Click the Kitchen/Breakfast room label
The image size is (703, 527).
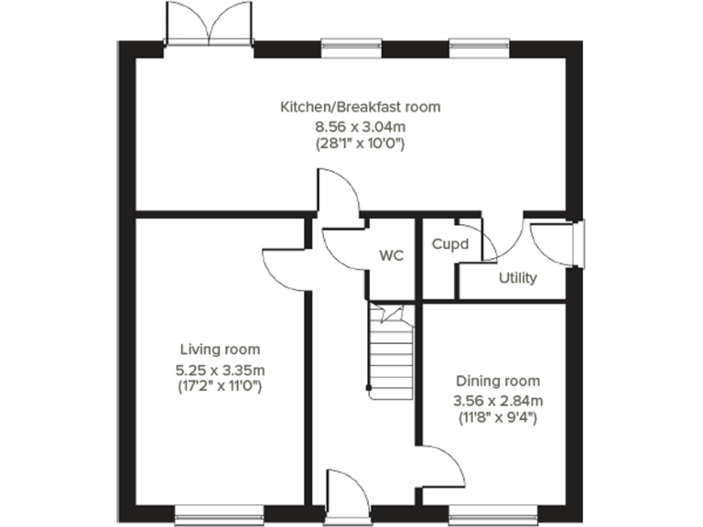click(x=360, y=107)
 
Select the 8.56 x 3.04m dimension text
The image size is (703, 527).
click(x=360, y=125)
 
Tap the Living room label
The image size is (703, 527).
click(x=220, y=350)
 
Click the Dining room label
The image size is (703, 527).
click(x=498, y=381)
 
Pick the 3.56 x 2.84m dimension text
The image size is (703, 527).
click(x=498, y=400)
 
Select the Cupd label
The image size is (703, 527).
click(x=450, y=244)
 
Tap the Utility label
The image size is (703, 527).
click(x=517, y=278)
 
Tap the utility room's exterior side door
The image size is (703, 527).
click(x=554, y=244)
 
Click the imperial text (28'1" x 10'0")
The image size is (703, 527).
click(x=360, y=144)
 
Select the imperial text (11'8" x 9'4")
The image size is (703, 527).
click(x=498, y=418)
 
